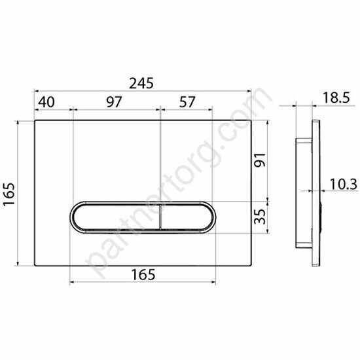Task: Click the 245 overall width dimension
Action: click(x=141, y=83)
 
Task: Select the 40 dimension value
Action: click(x=46, y=102)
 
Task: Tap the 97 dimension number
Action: click(x=114, y=102)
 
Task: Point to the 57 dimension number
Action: click(x=187, y=102)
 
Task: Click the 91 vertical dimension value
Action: click(x=261, y=160)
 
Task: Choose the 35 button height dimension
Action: click(x=261, y=217)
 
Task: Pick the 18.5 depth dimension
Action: click(x=336, y=98)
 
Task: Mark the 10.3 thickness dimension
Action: click(x=344, y=184)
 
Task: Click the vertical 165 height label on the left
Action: click(x=9, y=194)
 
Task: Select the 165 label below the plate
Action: click(x=143, y=274)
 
